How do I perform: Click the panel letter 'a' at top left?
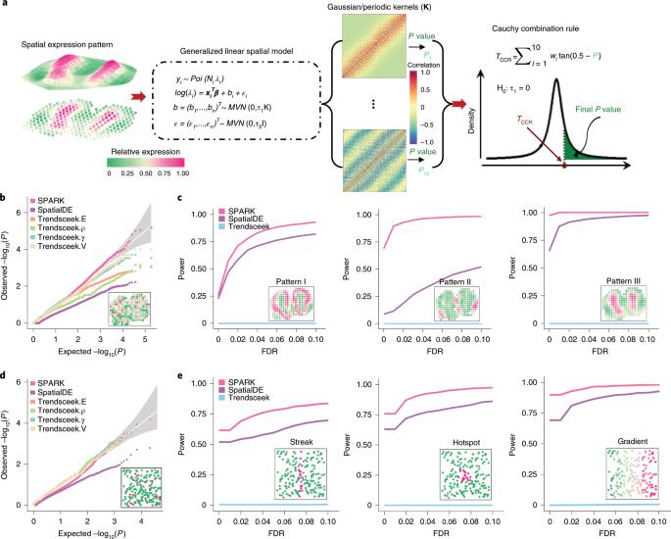coord(8,6)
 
